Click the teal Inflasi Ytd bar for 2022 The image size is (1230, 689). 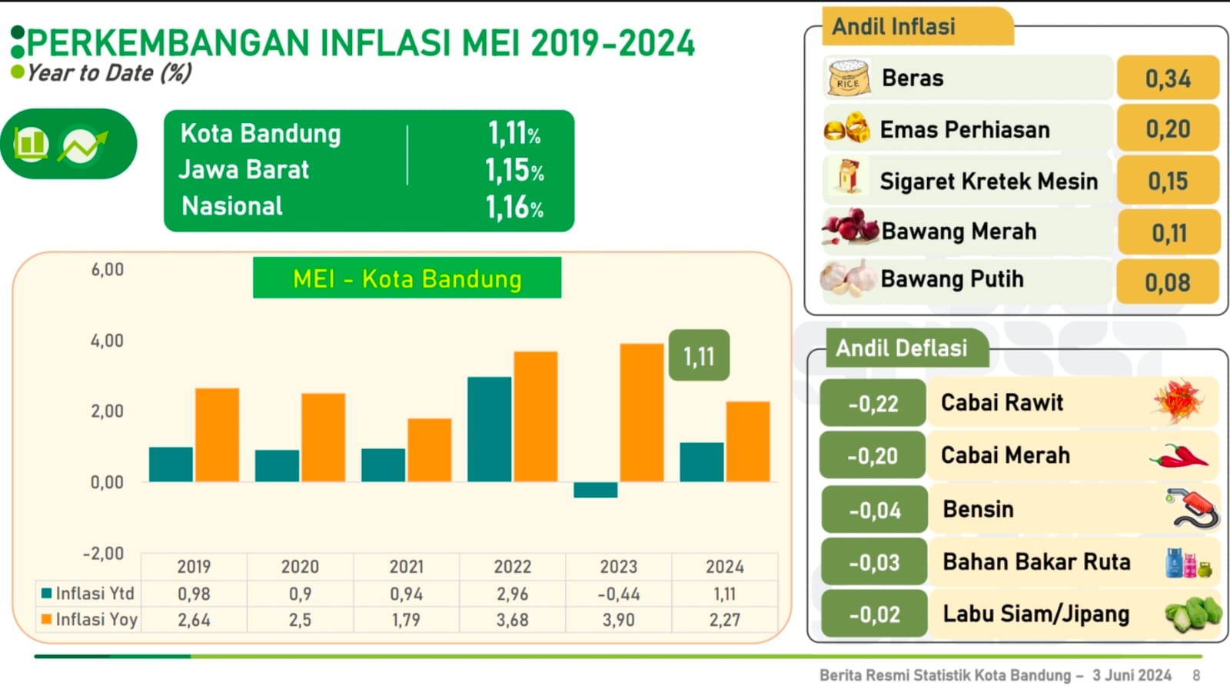click(489, 429)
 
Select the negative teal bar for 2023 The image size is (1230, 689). click(595, 490)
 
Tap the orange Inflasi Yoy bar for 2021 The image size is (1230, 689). click(429, 450)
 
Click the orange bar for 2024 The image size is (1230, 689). click(747, 441)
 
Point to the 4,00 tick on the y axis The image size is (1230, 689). click(107, 341)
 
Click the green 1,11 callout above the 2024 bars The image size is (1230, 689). click(699, 356)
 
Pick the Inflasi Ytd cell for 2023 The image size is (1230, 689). click(618, 594)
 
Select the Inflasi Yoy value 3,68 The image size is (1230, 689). click(512, 620)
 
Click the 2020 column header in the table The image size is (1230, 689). click(300, 567)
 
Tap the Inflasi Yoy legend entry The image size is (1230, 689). click(89, 619)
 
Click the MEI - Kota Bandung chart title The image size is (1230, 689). click(407, 278)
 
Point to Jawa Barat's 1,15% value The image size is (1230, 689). click(514, 170)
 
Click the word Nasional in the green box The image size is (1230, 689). click(232, 206)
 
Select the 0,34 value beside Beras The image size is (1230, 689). click(1168, 78)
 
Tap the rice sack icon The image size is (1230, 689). click(849, 78)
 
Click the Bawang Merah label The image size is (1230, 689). click(959, 231)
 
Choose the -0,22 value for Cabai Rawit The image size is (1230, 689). click(873, 404)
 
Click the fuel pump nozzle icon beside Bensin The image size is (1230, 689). click(1192, 509)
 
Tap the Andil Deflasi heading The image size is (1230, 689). click(901, 348)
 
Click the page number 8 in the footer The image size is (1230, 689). click(1196, 675)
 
